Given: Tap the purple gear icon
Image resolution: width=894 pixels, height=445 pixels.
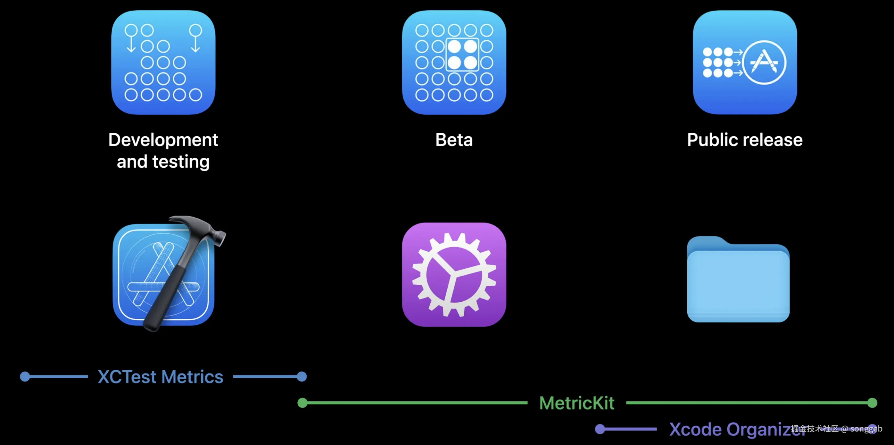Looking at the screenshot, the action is pos(454,274).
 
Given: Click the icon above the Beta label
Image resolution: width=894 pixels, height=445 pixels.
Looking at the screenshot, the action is pos(454,63).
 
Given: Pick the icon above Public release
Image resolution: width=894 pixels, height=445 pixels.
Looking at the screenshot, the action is pos(745,63).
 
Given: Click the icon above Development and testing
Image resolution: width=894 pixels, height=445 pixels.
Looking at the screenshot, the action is pos(163,63).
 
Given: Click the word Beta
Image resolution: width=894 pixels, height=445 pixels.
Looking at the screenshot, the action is pos(454,140).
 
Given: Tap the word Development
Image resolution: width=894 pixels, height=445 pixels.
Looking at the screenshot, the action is pos(163,140).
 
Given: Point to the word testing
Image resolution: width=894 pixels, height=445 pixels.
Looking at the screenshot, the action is pos(181,162).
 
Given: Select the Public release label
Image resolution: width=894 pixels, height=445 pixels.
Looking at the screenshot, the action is pos(745,140).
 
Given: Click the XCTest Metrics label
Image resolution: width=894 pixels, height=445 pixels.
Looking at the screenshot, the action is pos(160,377).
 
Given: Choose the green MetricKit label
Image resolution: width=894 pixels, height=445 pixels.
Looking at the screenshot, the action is pos(577,403).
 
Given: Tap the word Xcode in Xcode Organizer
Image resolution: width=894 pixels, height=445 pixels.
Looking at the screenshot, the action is pos(695,429).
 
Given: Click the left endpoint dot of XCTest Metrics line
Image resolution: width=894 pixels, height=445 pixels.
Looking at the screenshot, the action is pos(25,377).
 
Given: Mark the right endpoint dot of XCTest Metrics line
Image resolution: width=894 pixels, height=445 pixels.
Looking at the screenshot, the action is pos(302,377).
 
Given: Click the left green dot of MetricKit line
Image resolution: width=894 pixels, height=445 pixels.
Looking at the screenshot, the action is pos(302,403).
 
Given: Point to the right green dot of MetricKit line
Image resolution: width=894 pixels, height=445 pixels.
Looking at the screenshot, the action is pos(872,403).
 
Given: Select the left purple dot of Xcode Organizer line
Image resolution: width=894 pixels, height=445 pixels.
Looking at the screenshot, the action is pos(600,429).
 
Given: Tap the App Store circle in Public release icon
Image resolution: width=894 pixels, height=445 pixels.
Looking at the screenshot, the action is pos(764,63).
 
